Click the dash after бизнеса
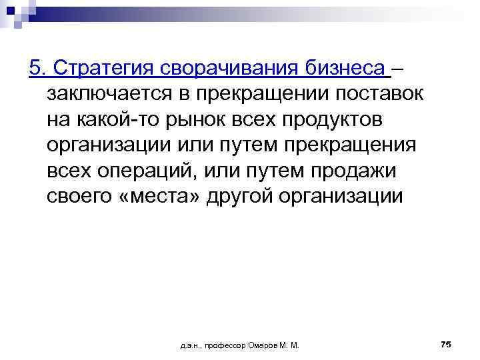397,68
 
